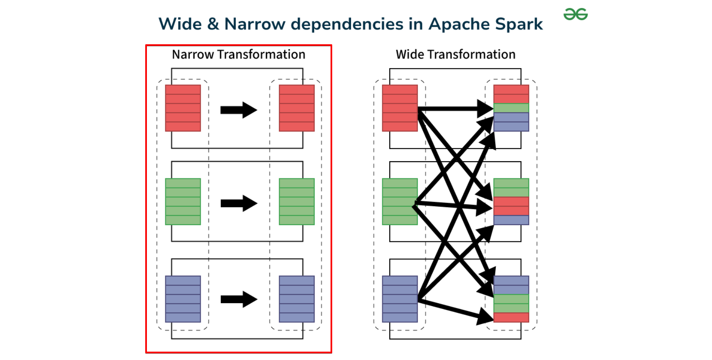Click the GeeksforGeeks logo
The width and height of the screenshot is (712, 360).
tap(576, 14)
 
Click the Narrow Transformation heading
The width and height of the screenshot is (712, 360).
tap(238, 55)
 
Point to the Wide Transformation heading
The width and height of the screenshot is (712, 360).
tap(455, 55)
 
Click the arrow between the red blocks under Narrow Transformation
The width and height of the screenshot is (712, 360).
tap(239, 110)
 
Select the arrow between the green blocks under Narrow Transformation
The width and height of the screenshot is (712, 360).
tap(239, 203)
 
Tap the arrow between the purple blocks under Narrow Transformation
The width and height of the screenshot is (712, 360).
tap(239, 299)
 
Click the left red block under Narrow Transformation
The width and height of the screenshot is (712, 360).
tap(183, 108)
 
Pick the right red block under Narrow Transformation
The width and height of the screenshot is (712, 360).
tap(297, 108)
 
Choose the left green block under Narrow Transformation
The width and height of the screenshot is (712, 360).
tap(183, 202)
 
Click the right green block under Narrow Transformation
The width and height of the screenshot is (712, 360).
tap(297, 202)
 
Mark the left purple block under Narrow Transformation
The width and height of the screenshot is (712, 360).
tap(183, 299)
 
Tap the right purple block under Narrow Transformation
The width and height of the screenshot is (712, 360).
tap(297, 299)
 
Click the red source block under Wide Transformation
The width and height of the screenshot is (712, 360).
tap(400, 108)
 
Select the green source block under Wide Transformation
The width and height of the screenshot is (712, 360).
tap(400, 202)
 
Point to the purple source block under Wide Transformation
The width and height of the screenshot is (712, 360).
tap(400, 299)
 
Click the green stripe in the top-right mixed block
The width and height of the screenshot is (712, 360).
tap(511, 108)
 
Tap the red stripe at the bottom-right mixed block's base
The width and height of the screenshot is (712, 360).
tap(511, 317)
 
